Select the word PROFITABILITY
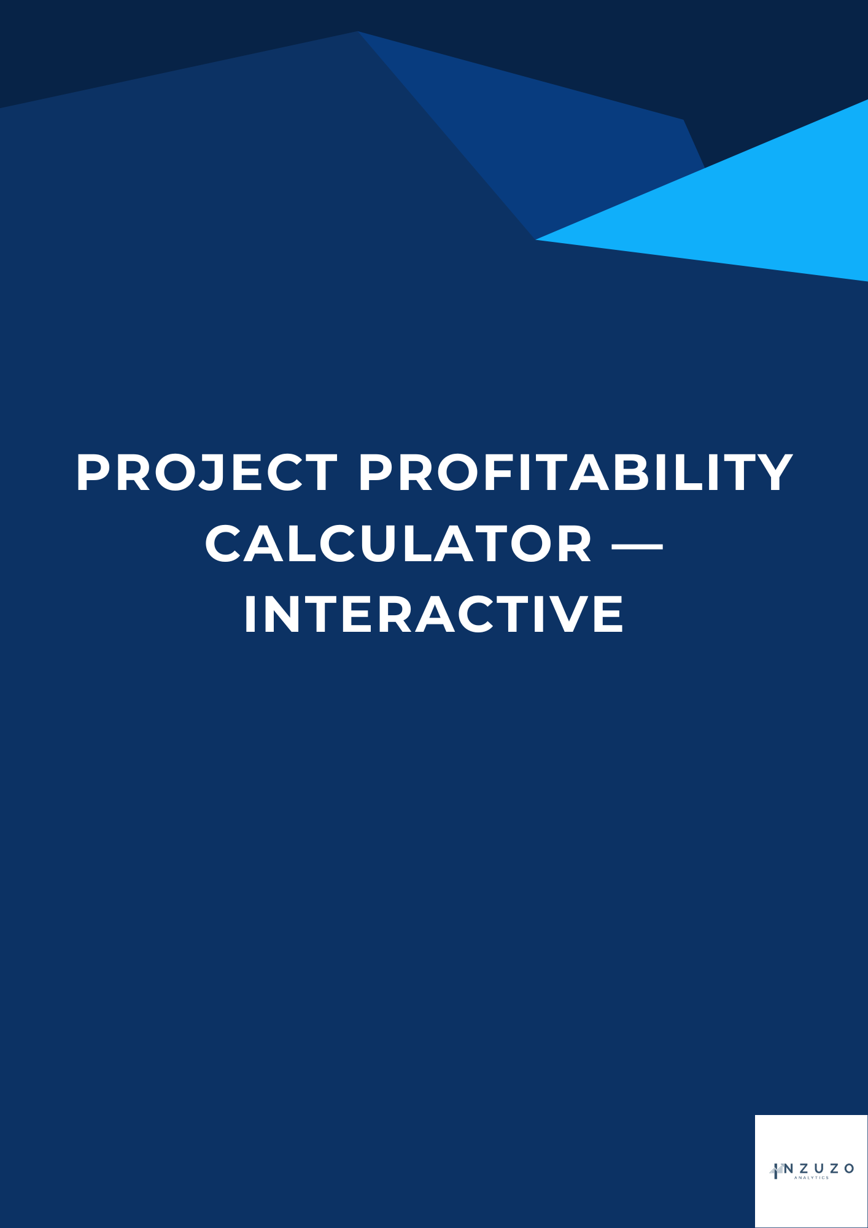tap(576, 473)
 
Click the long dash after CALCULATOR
tap(638, 544)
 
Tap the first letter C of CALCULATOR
tap(225, 543)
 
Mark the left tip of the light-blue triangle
tap(536, 239)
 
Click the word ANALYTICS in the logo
tap(811, 1178)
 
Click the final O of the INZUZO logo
tap(849, 1168)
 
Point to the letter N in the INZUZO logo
tap(789, 1168)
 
